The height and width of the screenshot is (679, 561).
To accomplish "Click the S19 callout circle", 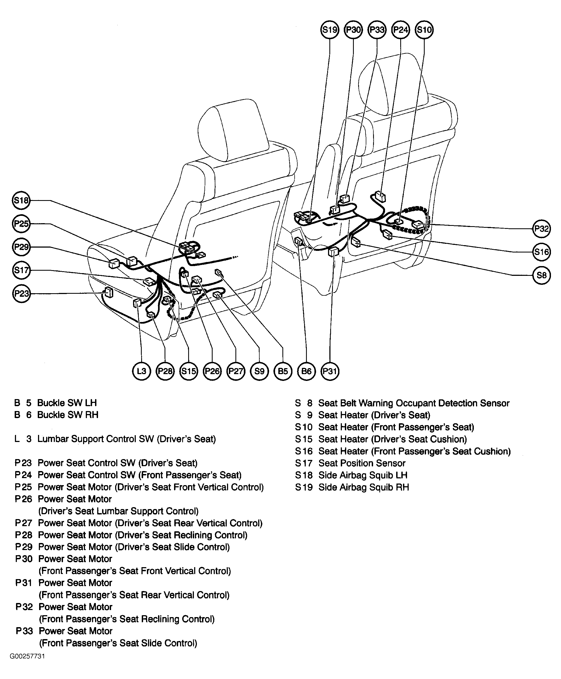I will coord(330,30).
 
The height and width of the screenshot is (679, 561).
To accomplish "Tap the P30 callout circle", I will coord(353,30).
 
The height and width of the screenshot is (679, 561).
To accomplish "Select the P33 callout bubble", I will coord(377,30).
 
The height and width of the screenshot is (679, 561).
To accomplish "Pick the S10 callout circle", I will coord(424,30).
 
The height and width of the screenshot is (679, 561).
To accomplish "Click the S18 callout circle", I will coord(21,200).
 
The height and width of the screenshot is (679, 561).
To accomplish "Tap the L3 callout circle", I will coord(141,371).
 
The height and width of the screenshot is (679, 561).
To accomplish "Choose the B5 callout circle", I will coord(283,371).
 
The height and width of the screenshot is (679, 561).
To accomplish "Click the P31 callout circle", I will coord(330,371).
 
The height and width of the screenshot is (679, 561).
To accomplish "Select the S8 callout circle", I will coord(541,275).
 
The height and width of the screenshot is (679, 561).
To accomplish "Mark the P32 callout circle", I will coord(541,229).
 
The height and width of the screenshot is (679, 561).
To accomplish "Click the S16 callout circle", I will coord(541,252).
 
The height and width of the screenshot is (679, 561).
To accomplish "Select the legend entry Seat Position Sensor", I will coord(362,463).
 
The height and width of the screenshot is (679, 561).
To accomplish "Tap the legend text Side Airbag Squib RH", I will coord(364,487).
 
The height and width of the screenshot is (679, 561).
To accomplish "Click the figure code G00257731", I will coord(27,656).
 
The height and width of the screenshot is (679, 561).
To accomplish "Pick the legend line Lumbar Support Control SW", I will coord(126,439).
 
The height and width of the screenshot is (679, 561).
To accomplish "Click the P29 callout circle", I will coord(21,247).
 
